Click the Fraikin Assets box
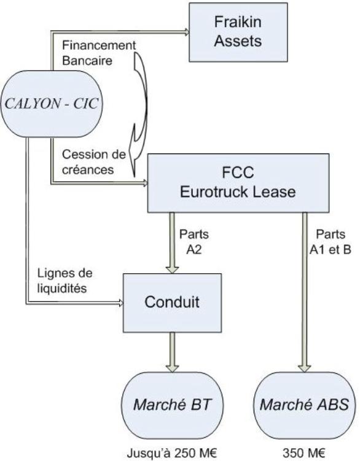click(x=238, y=33)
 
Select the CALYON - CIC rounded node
click(x=52, y=104)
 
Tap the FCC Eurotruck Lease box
click(x=238, y=183)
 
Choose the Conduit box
click(x=172, y=303)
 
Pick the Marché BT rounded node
click(x=172, y=405)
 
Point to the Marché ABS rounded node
click(x=304, y=405)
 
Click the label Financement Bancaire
click(x=99, y=53)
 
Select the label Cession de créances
click(x=94, y=162)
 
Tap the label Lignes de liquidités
click(x=65, y=281)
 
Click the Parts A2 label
click(x=194, y=242)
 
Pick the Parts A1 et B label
click(x=331, y=242)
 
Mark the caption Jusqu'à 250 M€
click(x=172, y=453)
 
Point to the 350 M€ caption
click(x=304, y=453)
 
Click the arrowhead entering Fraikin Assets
click(x=187, y=32)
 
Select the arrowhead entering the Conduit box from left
click(x=120, y=303)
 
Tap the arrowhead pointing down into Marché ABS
click(x=305, y=369)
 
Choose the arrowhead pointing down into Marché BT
click(x=172, y=369)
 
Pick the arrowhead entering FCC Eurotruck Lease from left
click(x=145, y=183)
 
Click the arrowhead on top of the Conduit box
click(x=172, y=270)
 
